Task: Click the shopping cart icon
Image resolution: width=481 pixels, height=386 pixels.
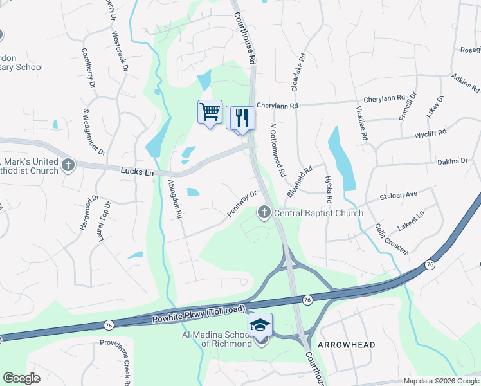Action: tap(210, 112)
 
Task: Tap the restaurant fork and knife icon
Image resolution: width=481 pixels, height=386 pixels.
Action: tap(242, 118)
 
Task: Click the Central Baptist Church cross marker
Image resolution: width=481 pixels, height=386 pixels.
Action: tap(264, 212)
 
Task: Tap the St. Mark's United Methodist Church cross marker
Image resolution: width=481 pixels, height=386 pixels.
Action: tap(68, 165)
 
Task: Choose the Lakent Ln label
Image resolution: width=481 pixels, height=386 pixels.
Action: tap(412, 218)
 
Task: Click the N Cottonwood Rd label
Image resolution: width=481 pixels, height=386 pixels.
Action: tap(277, 151)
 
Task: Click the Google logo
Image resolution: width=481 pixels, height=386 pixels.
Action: tap(21, 378)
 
